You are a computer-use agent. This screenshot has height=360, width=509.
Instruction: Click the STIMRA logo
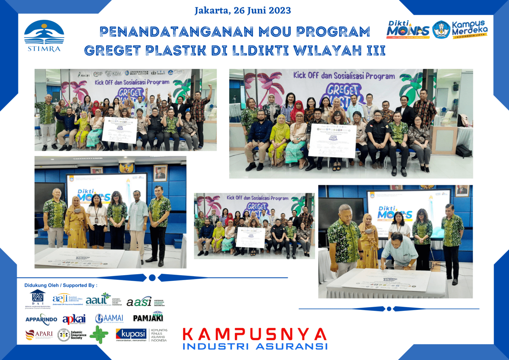point(44,36)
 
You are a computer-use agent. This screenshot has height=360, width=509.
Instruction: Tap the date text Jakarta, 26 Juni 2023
point(243,11)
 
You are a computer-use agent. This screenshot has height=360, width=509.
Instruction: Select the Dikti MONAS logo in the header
point(408,30)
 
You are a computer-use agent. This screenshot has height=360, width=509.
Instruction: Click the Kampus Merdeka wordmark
point(470,30)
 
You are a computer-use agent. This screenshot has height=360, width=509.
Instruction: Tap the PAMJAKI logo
point(148,318)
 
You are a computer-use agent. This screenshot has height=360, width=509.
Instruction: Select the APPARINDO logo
point(41,319)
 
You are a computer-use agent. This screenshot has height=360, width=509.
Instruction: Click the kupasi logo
point(131,334)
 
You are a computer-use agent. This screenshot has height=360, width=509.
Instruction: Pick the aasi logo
point(139,302)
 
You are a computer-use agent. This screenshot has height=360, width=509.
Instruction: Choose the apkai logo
point(74,319)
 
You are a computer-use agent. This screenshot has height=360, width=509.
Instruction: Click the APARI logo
point(39,334)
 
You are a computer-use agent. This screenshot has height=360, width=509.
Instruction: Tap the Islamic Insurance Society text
point(78,335)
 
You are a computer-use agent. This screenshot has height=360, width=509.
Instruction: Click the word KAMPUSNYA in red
point(254,334)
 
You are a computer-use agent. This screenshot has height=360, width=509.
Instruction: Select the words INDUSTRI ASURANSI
point(255,346)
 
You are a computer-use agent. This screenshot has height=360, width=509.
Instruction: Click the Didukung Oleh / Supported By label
point(61,285)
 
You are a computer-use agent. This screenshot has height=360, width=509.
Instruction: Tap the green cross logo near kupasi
point(99,334)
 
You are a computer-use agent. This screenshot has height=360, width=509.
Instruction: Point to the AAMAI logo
point(109,319)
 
